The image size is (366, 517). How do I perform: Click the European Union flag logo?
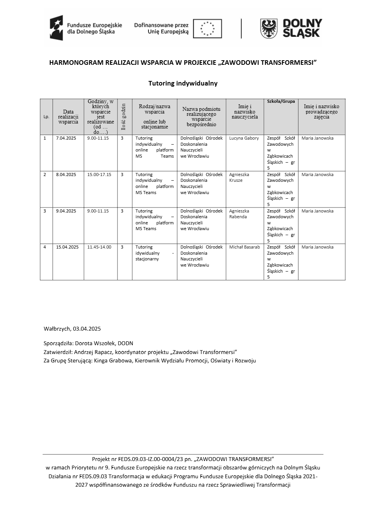(x=207, y=29)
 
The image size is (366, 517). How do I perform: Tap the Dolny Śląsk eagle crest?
(x=269, y=29)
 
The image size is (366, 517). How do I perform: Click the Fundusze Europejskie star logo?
(x=56, y=28)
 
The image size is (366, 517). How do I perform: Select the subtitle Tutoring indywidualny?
(x=183, y=83)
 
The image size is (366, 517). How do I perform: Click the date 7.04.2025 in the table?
(x=66, y=138)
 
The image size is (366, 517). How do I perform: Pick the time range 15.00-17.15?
(x=99, y=175)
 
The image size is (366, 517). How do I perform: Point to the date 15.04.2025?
(x=67, y=247)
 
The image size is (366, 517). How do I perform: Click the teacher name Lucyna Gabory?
(x=244, y=138)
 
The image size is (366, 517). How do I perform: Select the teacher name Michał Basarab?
(x=244, y=247)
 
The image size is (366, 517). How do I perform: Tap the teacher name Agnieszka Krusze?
(x=239, y=177)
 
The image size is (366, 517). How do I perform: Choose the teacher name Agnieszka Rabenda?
(x=239, y=214)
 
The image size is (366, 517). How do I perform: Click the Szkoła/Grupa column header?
(x=281, y=101)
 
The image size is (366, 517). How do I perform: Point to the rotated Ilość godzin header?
(x=123, y=117)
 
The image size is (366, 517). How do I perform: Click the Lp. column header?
(x=46, y=117)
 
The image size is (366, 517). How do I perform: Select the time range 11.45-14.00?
(x=99, y=247)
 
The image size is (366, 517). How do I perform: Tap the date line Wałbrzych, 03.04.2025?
(x=72, y=329)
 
